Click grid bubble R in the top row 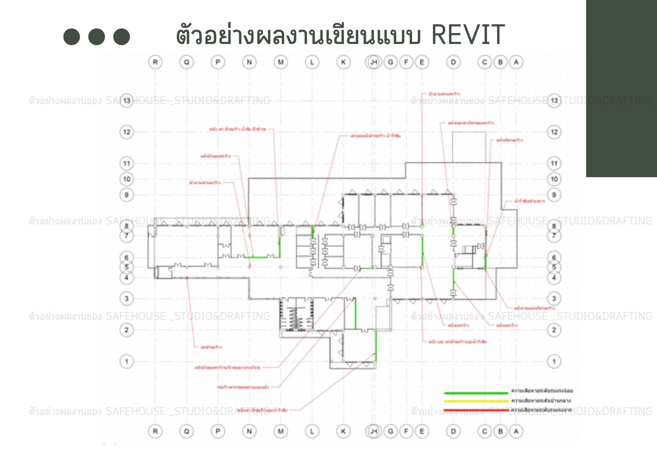[x=155, y=62]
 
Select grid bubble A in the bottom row [x=516, y=431]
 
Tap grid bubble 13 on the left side [x=127, y=101]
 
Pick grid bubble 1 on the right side [x=554, y=361]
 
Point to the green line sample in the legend [x=476, y=392]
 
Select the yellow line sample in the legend [x=476, y=401]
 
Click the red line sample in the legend [x=476, y=410]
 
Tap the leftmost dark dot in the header [x=72, y=37]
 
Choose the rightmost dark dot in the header [x=122, y=37]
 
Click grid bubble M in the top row [x=281, y=62]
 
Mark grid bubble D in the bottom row [x=453, y=431]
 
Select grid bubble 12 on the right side [x=554, y=132]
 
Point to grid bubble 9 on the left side [x=127, y=195]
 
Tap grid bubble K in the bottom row [x=343, y=431]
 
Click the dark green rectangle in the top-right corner [x=621, y=88]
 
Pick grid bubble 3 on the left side [x=127, y=299]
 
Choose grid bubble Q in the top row [x=186, y=62]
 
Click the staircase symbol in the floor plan [x=296, y=314]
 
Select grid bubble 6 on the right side [x=554, y=258]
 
